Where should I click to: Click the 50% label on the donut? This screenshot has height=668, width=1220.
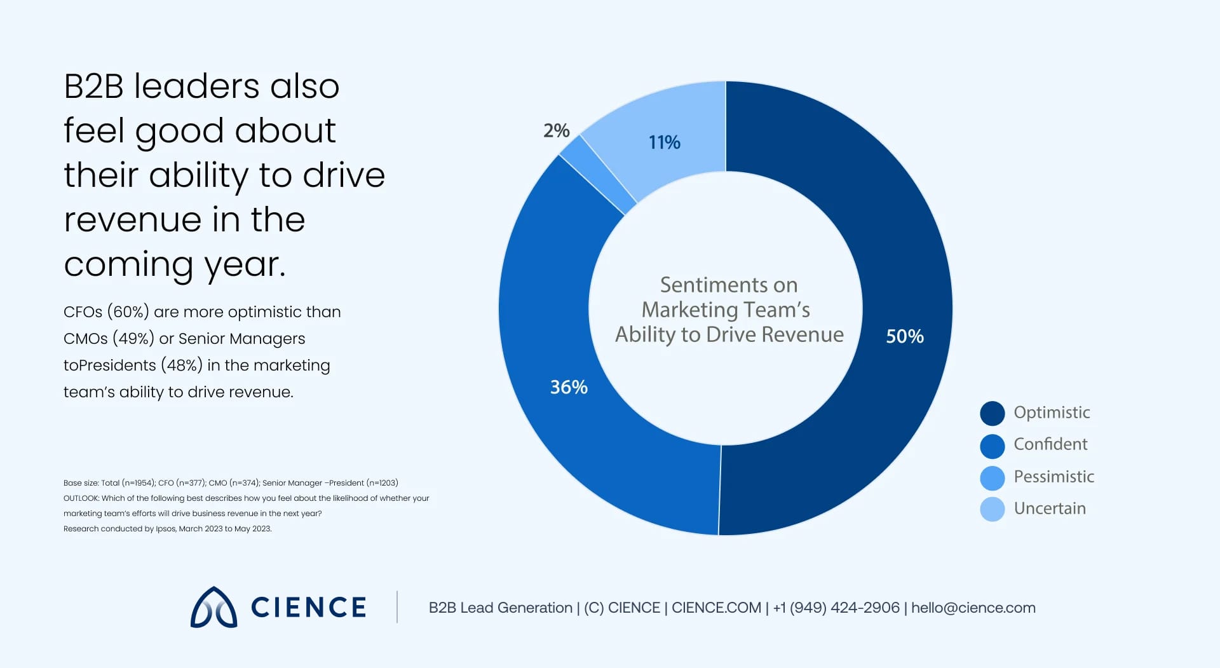tap(904, 336)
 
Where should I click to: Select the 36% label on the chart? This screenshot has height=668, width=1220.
tap(569, 387)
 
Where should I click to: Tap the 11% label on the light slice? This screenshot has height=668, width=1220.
tap(664, 142)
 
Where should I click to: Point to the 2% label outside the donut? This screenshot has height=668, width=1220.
tap(556, 131)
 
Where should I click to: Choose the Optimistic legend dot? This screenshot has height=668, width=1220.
tap(992, 413)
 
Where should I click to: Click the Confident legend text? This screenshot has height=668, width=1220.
tap(1050, 444)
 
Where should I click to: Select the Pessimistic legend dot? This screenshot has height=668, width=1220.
tap(992, 477)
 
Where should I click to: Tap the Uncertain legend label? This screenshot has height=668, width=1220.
tap(1049, 508)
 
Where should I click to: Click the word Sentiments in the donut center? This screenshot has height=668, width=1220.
tap(705, 285)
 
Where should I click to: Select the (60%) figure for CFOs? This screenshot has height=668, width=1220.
tap(128, 312)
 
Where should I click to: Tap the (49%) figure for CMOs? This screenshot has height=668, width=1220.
tap(133, 339)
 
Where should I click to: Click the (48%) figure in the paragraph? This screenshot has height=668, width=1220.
tap(182, 365)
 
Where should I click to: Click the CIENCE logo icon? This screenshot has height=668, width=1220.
tap(214, 608)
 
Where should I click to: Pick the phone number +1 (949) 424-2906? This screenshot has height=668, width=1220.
tap(836, 608)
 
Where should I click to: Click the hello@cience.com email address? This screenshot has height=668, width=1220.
tap(973, 608)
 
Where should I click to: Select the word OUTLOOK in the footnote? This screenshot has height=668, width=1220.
tap(81, 498)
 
